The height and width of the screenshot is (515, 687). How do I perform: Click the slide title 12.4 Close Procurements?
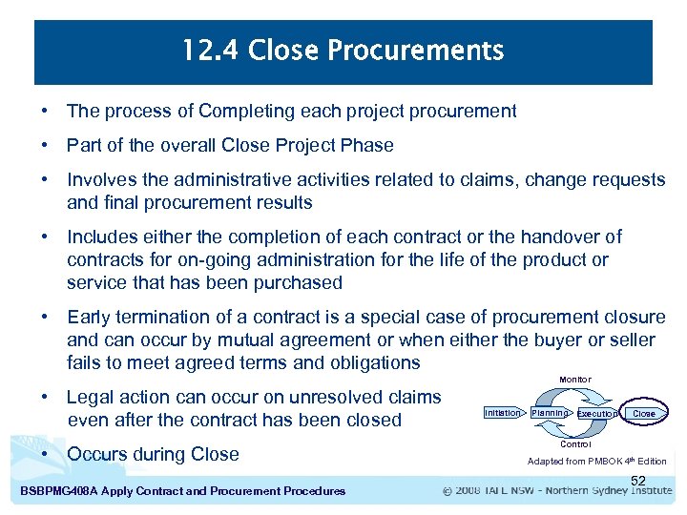pos(343,50)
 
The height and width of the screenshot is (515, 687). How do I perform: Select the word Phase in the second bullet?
pos(367,146)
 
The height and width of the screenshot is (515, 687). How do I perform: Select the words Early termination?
pos(135,318)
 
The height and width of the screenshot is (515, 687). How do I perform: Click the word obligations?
pos(370,363)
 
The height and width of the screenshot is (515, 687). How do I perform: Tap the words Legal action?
pos(116,398)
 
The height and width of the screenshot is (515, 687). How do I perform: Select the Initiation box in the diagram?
pos(502,413)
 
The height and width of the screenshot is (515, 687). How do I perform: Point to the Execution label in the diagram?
pos(597,414)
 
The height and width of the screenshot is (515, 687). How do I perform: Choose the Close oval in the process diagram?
pos(644,414)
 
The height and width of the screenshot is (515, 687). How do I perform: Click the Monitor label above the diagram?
pos(574,380)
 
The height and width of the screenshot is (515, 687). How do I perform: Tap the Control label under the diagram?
pos(575,444)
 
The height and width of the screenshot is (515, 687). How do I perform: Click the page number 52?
pos(638,480)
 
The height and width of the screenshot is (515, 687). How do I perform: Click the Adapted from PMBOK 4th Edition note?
pos(596,462)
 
